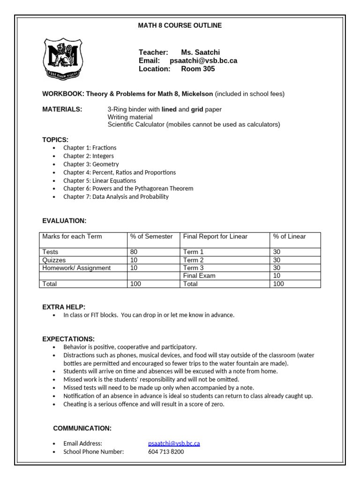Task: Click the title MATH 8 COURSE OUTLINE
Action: point(180,25)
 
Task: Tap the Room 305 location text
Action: point(198,69)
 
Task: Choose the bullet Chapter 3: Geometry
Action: point(91,164)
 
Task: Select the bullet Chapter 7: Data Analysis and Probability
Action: point(116,197)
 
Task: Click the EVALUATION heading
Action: point(64,220)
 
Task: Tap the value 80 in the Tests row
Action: point(134,252)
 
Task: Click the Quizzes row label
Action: point(54,260)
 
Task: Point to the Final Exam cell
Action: point(199,276)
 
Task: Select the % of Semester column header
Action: point(151,236)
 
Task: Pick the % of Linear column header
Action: point(289,236)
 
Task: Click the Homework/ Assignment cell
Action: point(76,268)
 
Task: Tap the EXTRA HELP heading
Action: point(64,307)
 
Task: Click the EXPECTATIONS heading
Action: point(68,338)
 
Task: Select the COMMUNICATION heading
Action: point(82,428)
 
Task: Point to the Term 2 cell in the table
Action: point(194,260)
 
